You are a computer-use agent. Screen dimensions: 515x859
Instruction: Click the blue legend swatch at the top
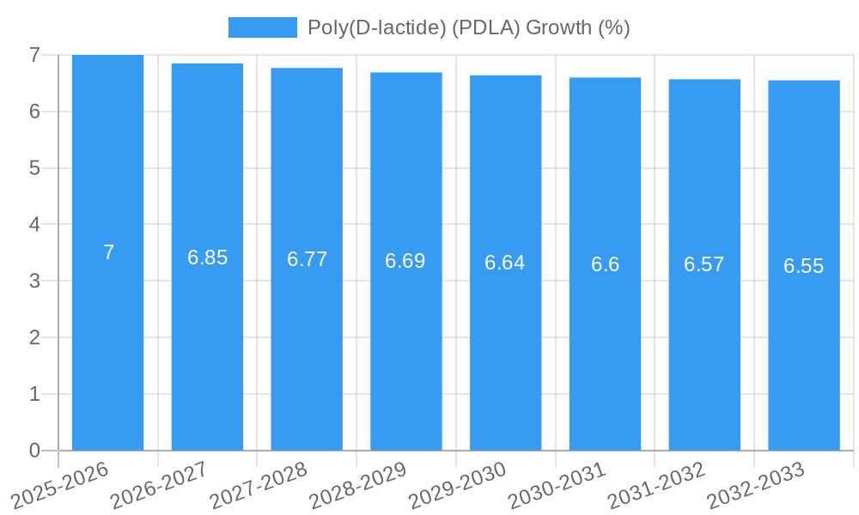262,27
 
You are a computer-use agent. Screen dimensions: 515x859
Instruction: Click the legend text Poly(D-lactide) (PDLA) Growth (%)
468,27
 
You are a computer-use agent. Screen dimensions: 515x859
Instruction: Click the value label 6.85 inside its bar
207,257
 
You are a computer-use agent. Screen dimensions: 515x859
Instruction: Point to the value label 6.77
307,259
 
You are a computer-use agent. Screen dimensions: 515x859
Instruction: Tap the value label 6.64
505,263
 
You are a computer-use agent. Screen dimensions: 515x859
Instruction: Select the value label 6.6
605,264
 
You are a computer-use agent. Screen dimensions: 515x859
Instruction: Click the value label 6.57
704,264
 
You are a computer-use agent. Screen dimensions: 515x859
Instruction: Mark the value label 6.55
803,266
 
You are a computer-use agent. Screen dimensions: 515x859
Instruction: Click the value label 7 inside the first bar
108,252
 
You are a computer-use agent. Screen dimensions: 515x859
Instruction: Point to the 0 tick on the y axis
34,451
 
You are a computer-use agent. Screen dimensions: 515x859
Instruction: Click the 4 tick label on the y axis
34,224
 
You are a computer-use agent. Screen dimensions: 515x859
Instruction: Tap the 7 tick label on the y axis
34,55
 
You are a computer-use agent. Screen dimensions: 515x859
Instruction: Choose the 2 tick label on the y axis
34,337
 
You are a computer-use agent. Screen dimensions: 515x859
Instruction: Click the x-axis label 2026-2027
159,486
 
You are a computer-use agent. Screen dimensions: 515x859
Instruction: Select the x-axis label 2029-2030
457,486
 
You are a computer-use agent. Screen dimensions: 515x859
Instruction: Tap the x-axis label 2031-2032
656,486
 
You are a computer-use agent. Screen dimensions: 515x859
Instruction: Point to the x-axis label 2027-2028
259,486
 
